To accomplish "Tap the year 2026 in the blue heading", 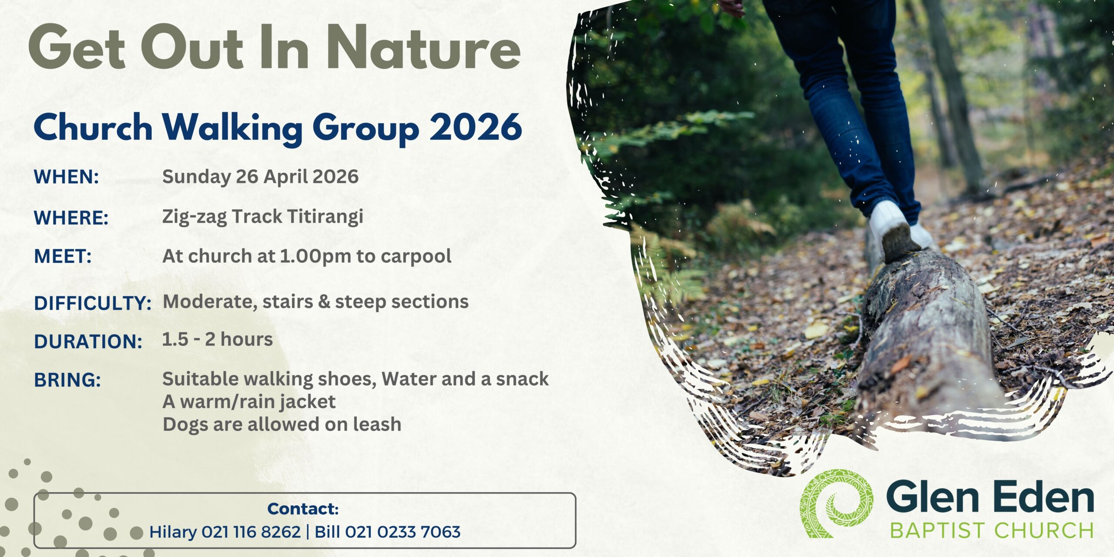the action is [476, 127].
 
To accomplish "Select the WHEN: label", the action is [67, 177].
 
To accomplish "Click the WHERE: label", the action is [71, 218].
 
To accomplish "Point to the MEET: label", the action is [63, 256].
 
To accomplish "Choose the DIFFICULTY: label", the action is [93, 303].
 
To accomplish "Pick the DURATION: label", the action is [88, 342].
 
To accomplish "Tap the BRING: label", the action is [67, 380].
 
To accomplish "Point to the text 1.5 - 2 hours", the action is [218, 339].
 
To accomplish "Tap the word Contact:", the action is [303, 509].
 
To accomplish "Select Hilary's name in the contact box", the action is [173, 532].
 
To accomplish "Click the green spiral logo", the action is [836, 503].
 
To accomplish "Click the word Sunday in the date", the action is [197, 177].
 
